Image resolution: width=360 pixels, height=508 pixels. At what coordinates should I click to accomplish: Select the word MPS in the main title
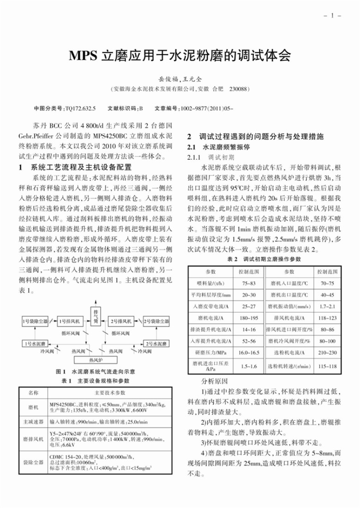tap(83, 57)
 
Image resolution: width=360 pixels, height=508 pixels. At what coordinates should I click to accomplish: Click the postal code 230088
tap(239, 88)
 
